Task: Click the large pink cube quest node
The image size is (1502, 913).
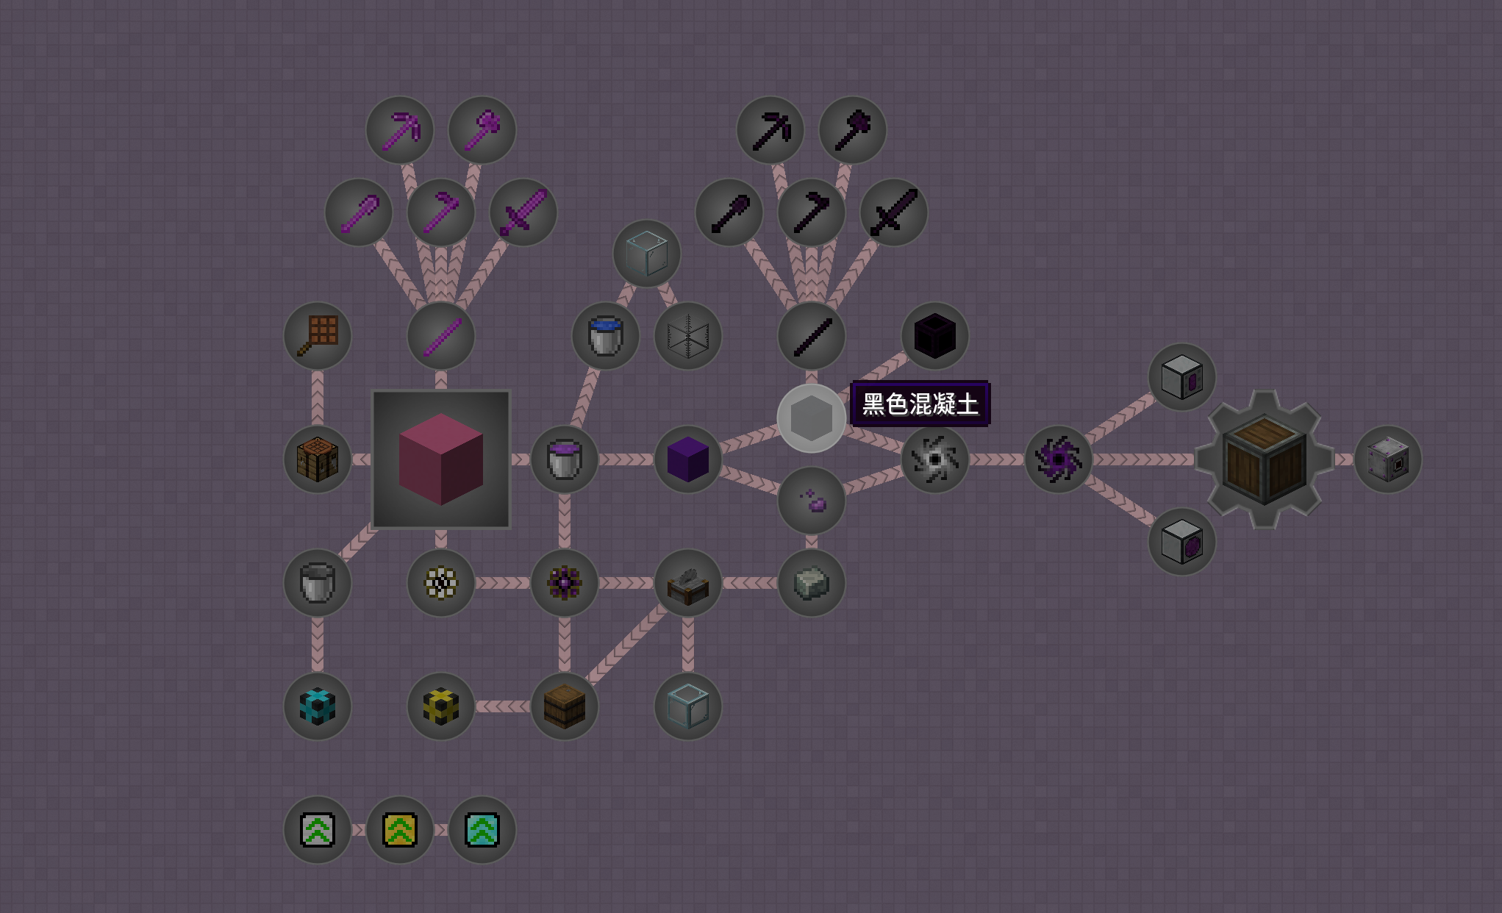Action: tap(441, 459)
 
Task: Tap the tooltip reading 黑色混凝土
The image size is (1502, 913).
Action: tap(920, 404)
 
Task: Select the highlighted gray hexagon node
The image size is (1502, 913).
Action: tap(812, 418)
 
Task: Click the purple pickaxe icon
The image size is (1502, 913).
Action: tap(400, 130)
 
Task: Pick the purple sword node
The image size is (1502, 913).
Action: tap(523, 212)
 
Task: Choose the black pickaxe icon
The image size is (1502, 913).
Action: tap(770, 130)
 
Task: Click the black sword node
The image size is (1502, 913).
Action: tap(894, 212)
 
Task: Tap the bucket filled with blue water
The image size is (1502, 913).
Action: tap(606, 336)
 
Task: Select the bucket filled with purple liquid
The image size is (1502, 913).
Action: tap(565, 459)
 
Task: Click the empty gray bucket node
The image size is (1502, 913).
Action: tap(318, 583)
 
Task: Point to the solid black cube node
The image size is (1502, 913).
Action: tap(935, 336)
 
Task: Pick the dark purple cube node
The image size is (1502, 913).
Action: tap(688, 459)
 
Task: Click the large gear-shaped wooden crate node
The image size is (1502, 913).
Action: tap(1265, 459)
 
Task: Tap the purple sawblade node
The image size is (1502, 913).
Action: tap(1059, 459)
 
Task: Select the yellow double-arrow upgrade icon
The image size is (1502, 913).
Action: tap(400, 830)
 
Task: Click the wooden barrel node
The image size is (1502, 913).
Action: tap(565, 706)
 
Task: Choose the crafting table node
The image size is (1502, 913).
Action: tap(318, 459)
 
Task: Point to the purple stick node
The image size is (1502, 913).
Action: tap(441, 336)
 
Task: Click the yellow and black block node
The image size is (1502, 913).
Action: tap(441, 706)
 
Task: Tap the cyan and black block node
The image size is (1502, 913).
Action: tap(318, 706)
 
